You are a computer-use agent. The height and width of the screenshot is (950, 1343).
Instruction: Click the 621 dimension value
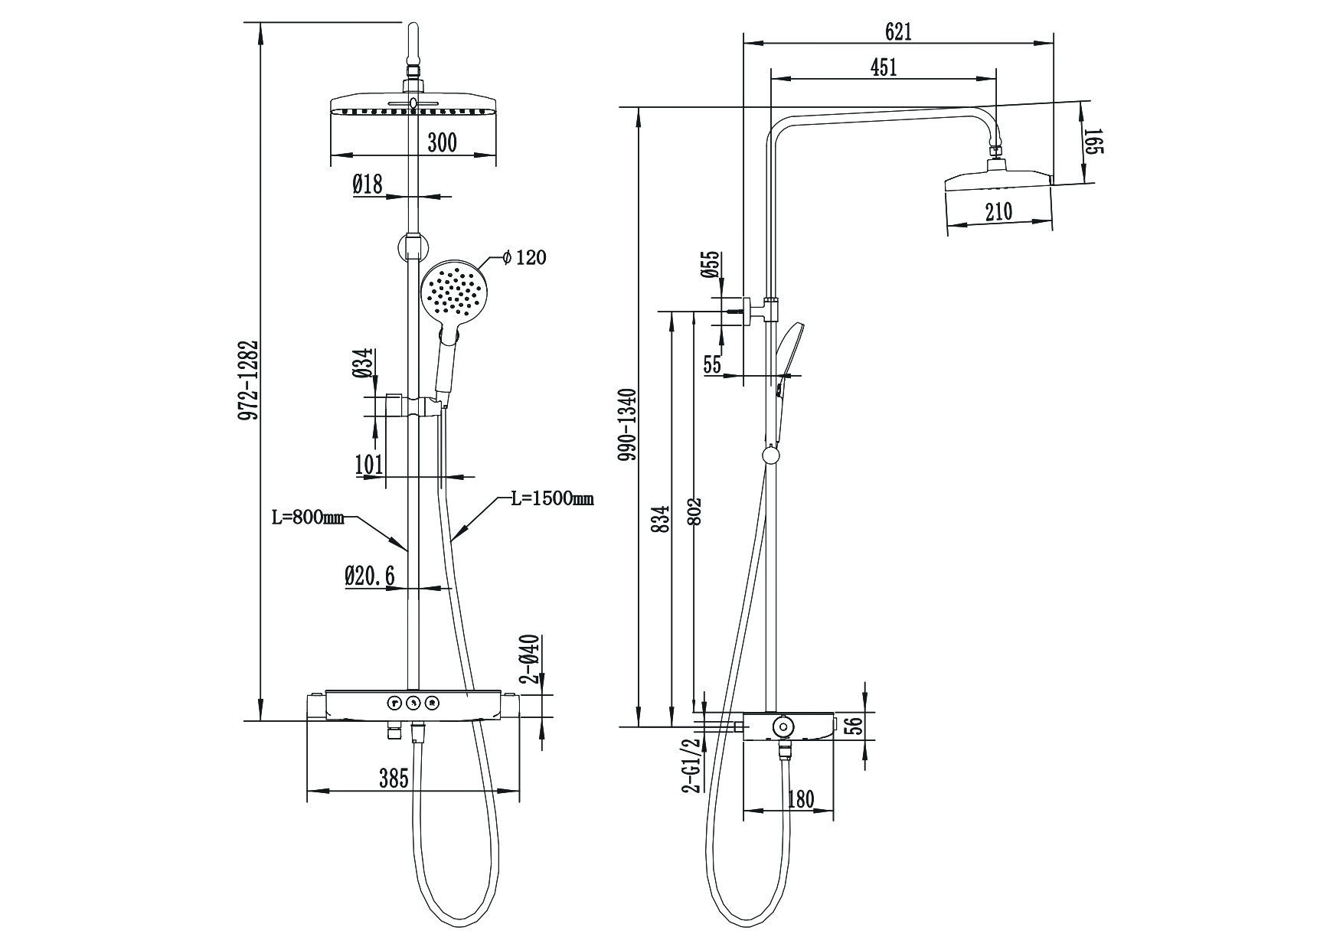pyautogui.click(x=898, y=31)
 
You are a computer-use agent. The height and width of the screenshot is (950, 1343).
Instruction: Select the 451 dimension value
pyautogui.click(x=884, y=67)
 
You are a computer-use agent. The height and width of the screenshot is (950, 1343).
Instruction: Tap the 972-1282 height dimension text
pyautogui.click(x=247, y=380)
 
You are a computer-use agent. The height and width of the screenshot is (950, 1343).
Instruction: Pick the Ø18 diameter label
pyautogui.click(x=368, y=184)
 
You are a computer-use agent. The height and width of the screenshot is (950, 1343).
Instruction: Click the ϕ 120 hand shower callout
pyautogui.click(x=524, y=257)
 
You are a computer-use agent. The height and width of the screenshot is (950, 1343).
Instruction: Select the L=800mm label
pyautogui.click(x=308, y=517)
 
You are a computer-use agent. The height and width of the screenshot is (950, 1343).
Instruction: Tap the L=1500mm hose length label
pyautogui.click(x=552, y=499)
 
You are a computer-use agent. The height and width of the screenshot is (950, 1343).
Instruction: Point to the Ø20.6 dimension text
pyautogui.click(x=370, y=576)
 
